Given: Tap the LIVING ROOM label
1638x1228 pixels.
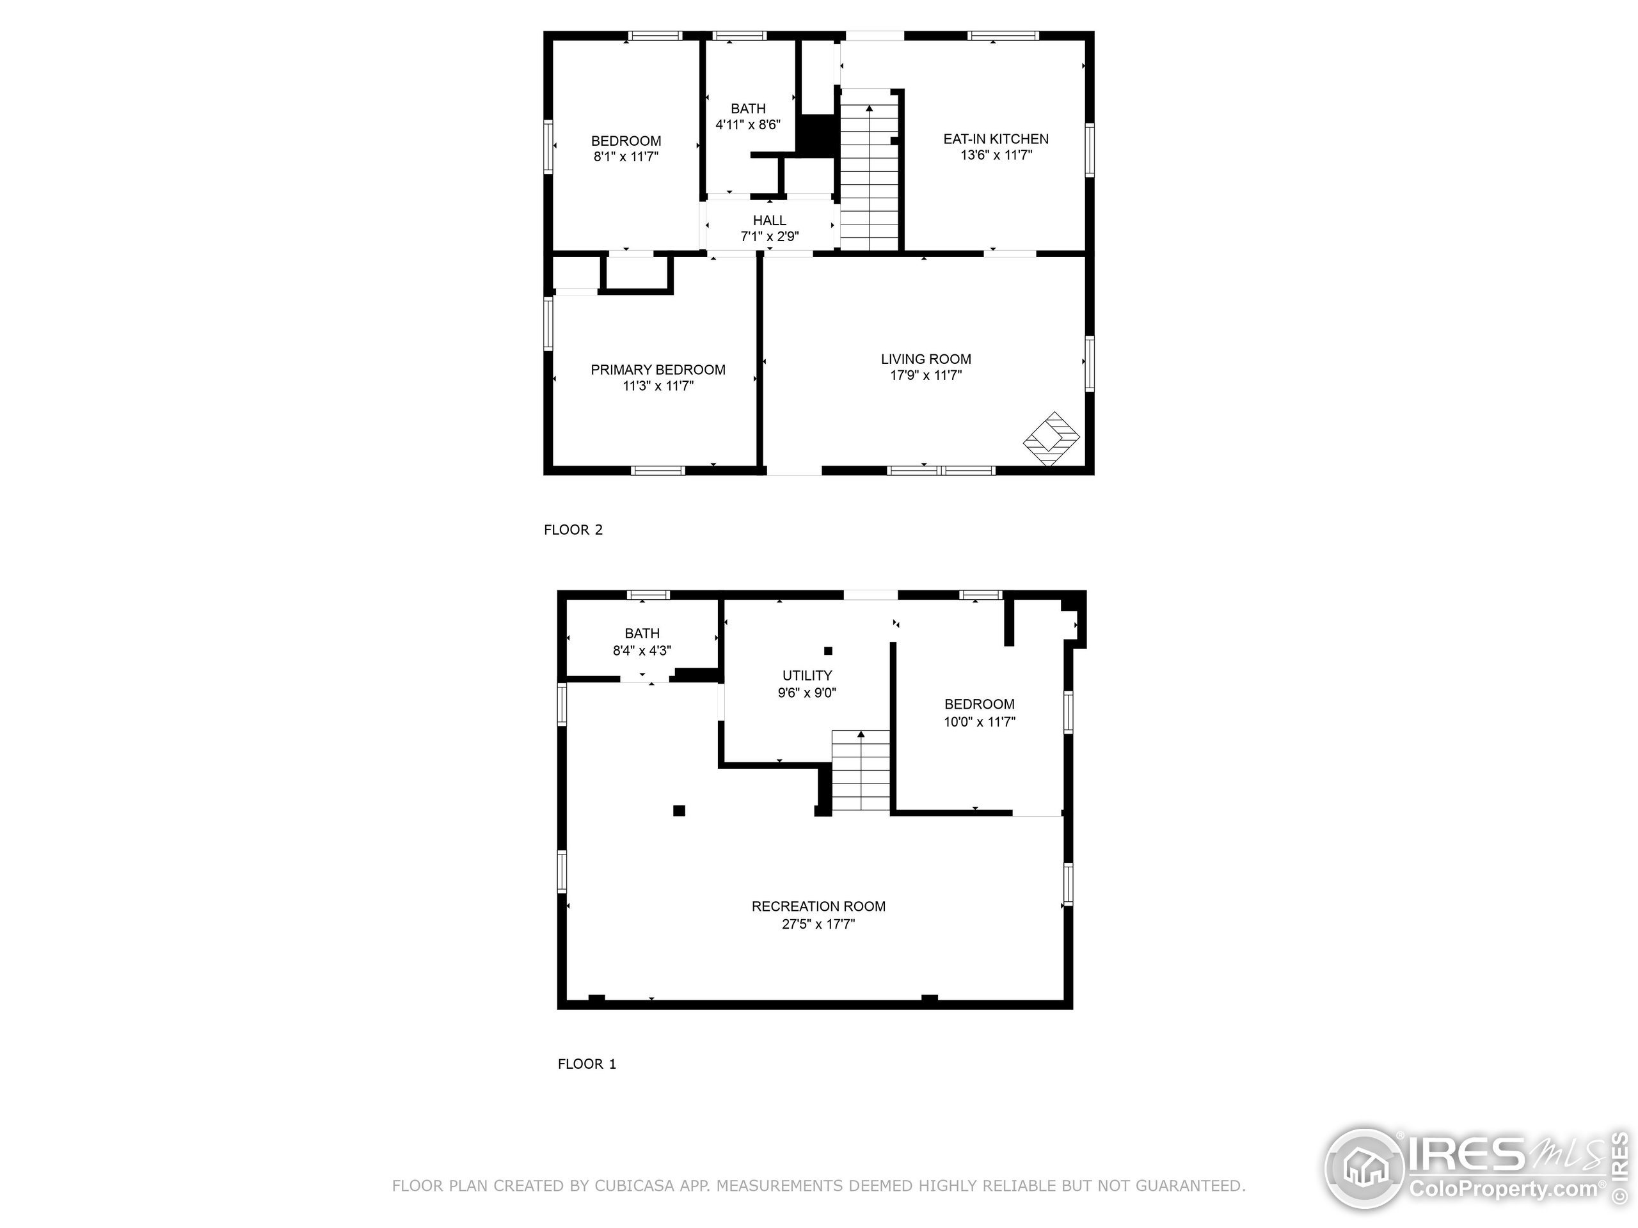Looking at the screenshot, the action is (926, 359).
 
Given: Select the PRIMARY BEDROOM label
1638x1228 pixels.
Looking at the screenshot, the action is (658, 370).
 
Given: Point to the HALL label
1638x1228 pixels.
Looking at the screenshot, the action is (769, 220).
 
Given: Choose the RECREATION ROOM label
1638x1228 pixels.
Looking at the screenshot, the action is (818, 906).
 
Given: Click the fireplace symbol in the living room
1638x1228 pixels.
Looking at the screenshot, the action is (1051, 438).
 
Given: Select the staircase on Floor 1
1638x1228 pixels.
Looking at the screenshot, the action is (861, 771).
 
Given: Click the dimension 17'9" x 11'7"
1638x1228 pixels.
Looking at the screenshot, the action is (926, 375).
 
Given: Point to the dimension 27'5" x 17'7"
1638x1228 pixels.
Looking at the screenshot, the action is (818, 924).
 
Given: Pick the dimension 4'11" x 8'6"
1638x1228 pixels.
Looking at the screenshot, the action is (748, 124).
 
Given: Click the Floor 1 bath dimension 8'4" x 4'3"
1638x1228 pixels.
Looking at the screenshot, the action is (642, 650).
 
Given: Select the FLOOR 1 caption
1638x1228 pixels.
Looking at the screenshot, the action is (587, 1064).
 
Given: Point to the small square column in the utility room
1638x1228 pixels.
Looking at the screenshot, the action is (829, 650).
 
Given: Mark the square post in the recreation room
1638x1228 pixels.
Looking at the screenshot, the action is (679, 810).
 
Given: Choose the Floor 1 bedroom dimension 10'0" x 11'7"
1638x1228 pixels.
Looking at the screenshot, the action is (979, 721).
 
